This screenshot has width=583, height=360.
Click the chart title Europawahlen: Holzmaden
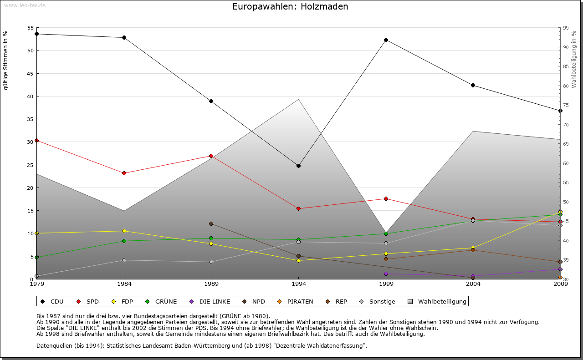click(x=290, y=7)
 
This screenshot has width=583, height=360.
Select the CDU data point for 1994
click(x=298, y=166)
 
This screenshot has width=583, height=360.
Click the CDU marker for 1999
click(x=386, y=40)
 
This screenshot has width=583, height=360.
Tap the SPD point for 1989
click(x=211, y=156)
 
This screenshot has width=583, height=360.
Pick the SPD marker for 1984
click(x=124, y=173)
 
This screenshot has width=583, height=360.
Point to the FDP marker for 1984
click(x=124, y=231)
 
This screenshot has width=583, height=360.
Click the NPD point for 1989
click(x=211, y=223)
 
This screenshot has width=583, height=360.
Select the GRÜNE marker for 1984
click(x=124, y=241)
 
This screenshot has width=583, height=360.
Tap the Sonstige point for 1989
click(x=211, y=262)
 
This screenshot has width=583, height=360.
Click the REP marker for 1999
click(x=386, y=259)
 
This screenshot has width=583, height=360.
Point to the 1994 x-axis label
click(x=298, y=284)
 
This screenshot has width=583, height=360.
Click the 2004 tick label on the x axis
click(x=473, y=284)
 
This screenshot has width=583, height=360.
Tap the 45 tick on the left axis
click(x=31, y=73)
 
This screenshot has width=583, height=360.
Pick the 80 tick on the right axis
click(x=566, y=86)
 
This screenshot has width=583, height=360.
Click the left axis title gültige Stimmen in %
click(x=6, y=60)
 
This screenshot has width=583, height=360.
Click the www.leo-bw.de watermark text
click(x=25, y=5)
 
